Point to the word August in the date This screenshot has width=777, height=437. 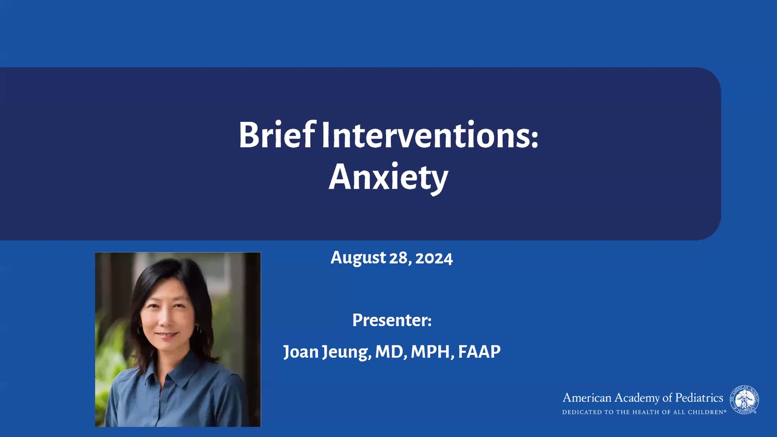358,259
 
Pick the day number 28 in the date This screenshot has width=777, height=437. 401,259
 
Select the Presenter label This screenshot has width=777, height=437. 392,320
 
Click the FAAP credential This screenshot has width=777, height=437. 480,351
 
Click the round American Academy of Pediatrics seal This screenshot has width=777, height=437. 744,400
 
